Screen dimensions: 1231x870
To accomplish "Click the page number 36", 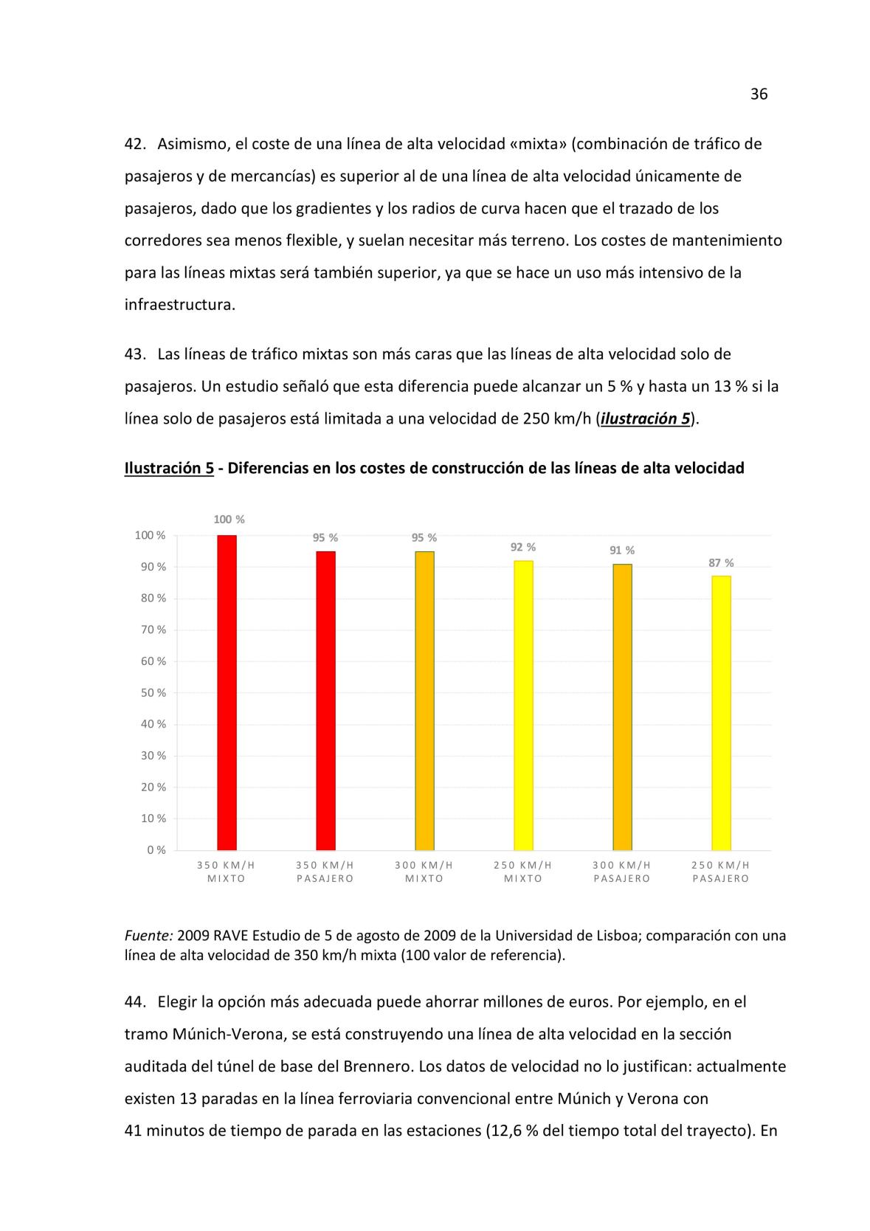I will tap(759, 94).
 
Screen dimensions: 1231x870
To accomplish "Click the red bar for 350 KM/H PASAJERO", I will tap(325, 700).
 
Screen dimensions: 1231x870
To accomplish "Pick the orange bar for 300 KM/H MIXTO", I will tap(424, 700).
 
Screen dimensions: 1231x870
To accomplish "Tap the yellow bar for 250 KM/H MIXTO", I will tap(523, 705).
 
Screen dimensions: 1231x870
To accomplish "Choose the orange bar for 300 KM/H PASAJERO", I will tap(622, 706).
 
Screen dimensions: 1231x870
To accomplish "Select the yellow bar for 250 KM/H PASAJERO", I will tap(721, 713).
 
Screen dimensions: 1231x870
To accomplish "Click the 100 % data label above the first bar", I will tap(229, 520).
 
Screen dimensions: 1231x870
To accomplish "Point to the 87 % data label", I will tap(721, 563).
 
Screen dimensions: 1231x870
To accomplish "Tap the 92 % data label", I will tap(523, 547).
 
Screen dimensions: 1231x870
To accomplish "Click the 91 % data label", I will tap(622, 551).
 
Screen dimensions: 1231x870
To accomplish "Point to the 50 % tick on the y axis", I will tap(153, 693).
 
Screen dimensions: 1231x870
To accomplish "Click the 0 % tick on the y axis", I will tap(156, 850).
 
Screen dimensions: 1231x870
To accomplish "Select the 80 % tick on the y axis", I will tap(153, 599).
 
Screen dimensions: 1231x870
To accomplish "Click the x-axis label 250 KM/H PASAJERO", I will tap(721, 872).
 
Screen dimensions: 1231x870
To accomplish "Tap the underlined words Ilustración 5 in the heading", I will tap(169, 468).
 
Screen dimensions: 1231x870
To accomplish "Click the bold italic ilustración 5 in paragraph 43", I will tap(646, 419).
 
